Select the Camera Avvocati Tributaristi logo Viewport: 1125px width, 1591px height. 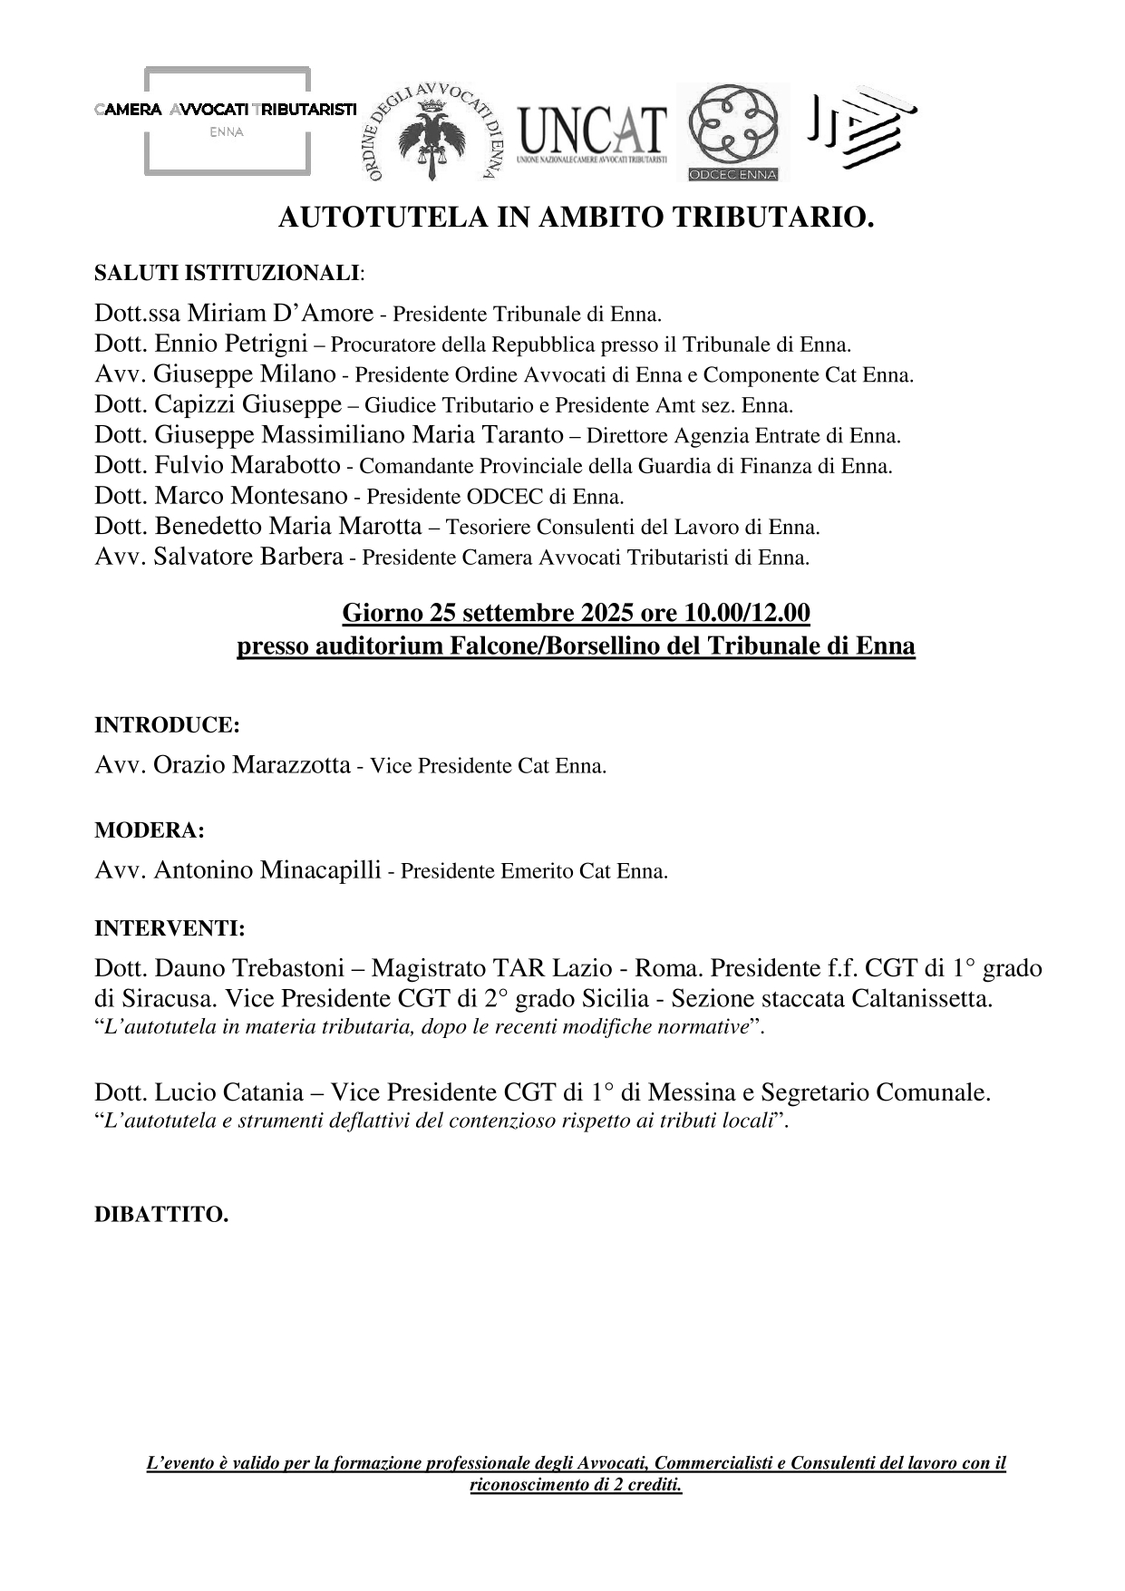coord(227,119)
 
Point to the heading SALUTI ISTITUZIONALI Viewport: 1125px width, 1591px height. coord(227,273)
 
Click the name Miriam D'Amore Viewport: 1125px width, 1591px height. coord(280,314)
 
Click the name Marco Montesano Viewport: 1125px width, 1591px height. coord(251,496)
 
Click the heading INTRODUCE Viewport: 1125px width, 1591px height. coord(167,725)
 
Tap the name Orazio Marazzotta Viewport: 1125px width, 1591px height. coord(251,765)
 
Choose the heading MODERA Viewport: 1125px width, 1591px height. coord(150,830)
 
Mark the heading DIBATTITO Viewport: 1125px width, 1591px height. coord(161,1215)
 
